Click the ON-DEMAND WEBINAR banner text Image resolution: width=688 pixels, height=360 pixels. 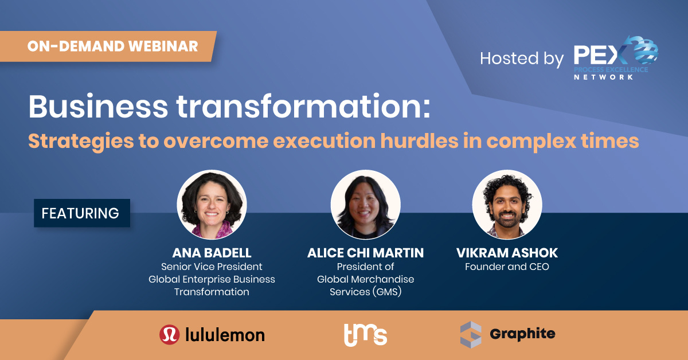[113, 46]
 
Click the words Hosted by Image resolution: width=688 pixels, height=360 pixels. [522, 58]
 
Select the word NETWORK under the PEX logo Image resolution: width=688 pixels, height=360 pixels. [604, 77]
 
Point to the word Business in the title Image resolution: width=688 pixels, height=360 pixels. [98, 107]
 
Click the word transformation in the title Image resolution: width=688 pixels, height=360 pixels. [303, 107]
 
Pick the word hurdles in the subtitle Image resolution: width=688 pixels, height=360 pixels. [419, 141]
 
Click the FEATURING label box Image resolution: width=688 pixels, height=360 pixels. [82, 213]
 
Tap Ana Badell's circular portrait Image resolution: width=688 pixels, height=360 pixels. [212, 205]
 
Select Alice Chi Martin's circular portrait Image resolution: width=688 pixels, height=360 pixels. [366, 205]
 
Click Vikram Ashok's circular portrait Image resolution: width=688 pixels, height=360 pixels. [507, 205]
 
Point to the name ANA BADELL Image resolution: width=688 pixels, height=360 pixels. [212, 253]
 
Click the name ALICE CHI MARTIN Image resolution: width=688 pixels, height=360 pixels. [366, 253]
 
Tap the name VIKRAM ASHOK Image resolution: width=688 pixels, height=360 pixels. [507, 253]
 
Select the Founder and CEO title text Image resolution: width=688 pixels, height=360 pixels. [507, 267]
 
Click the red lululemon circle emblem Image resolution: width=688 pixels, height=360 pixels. [170, 335]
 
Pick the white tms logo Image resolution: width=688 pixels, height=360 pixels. [366, 335]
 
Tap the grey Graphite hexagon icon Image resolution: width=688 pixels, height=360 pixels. [471, 335]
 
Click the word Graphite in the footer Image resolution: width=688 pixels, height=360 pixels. [522, 334]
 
